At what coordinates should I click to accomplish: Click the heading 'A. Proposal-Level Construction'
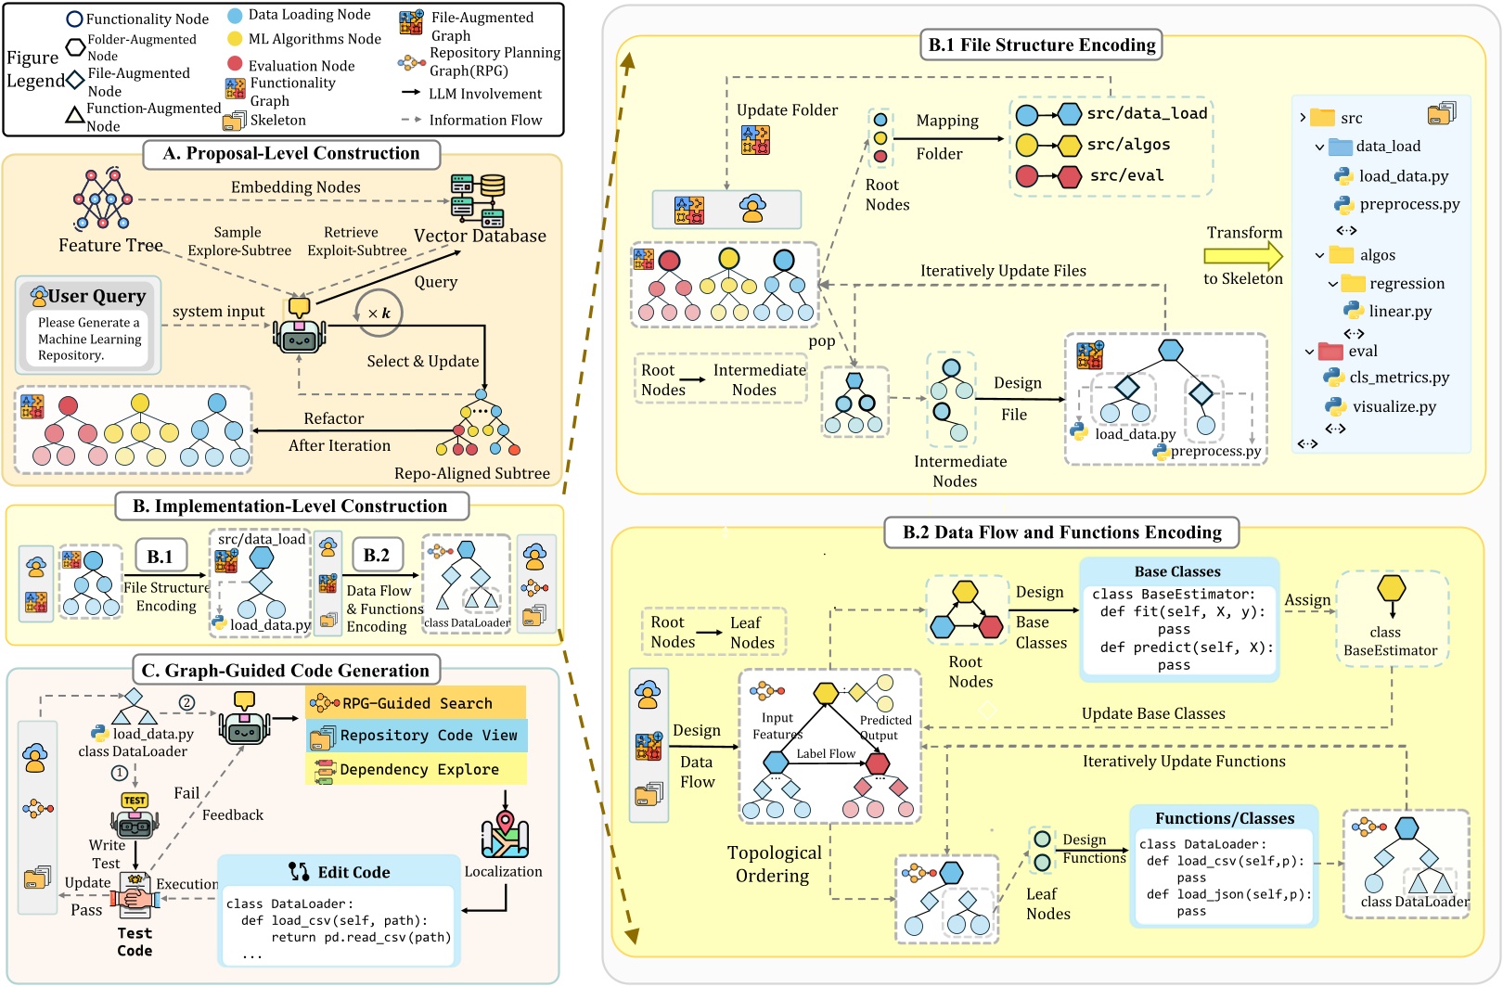click(290, 154)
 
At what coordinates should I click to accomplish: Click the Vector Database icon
click(479, 199)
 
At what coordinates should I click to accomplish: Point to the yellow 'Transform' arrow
click(1243, 256)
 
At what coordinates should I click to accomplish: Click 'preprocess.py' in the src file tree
click(1408, 204)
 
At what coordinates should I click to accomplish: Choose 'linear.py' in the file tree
click(1399, 312)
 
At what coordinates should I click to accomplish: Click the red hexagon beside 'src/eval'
click(1070, 176)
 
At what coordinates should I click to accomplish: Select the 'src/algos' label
click(1128, 145)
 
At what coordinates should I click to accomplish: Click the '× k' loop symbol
click(379, 314)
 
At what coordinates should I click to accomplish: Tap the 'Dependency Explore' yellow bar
click(418, 770)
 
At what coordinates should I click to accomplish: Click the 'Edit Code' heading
click(353, 872)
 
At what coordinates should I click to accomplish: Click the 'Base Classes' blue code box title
click(1176, 571)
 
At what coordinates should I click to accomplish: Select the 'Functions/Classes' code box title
click(1224, 818)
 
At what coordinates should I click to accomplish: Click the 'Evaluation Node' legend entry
click(301, 66)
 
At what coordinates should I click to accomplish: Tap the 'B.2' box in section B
click(376, 556)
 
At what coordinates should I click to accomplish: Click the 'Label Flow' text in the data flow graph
click(825, 754)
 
